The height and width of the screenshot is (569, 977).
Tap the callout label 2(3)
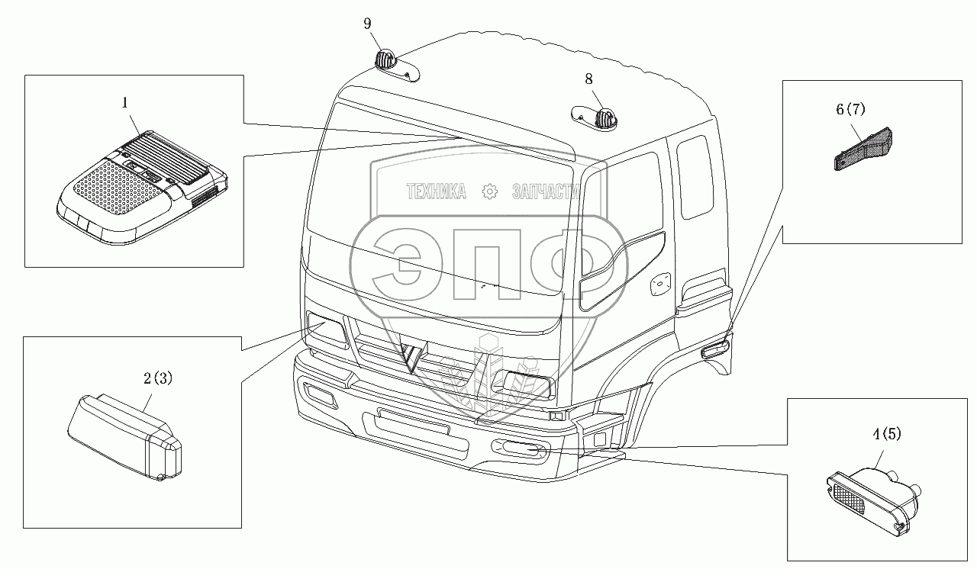(x=159, y=378)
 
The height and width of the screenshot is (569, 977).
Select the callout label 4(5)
(x=887, y=435)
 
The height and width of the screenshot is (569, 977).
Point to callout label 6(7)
(x=851, y=109)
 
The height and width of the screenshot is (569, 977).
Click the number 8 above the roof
(x=588, y=78)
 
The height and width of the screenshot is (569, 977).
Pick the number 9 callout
(x=367, y=24)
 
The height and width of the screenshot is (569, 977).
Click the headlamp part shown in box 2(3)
(x=126, y=439)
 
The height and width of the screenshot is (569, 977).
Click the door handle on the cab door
(x=659, y=284)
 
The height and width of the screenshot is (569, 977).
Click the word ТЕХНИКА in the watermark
(x=436, y=191)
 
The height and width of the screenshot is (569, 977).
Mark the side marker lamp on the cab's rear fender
(x=716, y=350)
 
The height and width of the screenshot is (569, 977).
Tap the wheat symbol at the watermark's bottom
(x=488, y=370)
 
